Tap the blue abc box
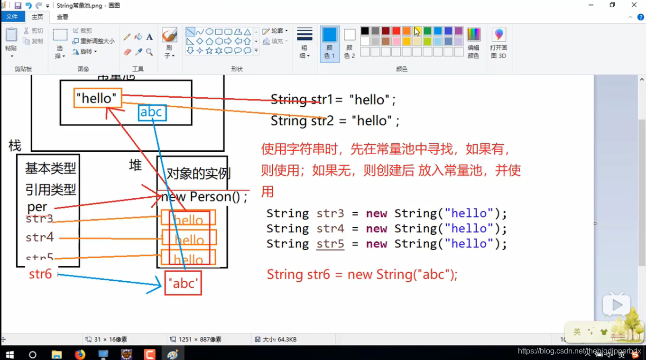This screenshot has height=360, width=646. pos(152,112)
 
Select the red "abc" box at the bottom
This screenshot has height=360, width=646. pos(183,283)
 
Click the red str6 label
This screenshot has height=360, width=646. pos(40,274)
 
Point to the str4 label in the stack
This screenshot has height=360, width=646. pos(40,237)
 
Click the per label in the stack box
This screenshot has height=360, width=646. pos(37,207)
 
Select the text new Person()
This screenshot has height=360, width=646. pos(204,196)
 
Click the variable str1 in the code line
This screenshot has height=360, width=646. pos(322,100)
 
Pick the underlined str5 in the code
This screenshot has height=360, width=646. pos(330,244)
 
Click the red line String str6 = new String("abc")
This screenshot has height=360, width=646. pos(362,275)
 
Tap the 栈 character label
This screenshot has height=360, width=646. pos(15,145)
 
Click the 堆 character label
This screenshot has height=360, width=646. pos(136,165)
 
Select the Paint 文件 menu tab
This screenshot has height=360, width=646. pos(12,17)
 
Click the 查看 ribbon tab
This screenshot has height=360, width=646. pos(63,17)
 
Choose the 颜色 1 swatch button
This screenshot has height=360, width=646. pos(330,43)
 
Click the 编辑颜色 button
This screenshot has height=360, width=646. pos(473,43)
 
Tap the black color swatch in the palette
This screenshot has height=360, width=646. pos(365,31)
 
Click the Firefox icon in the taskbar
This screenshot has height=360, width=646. pos(80,354)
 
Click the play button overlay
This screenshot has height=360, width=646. pos(617,305)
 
